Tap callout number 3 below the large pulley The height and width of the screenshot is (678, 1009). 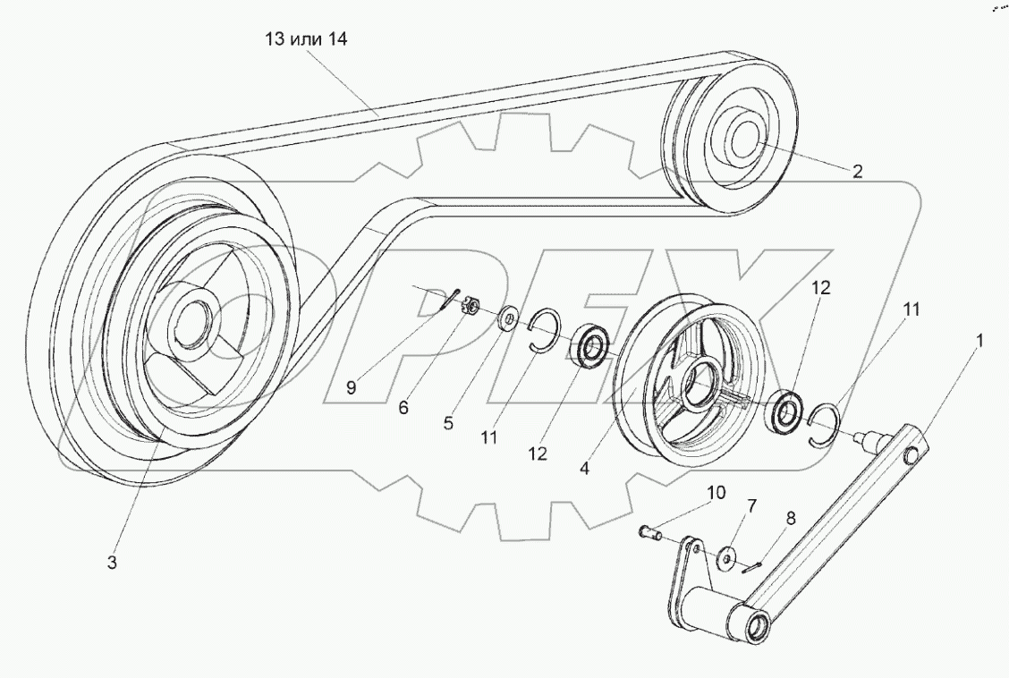[x=113, y=563]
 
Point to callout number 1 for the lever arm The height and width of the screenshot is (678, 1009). [x=980, y=340]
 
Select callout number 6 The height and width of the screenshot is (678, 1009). [x=403, y=406]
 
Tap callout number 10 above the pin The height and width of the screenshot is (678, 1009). [x=717, y=493]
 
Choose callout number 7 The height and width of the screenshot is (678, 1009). [x=751, y=505]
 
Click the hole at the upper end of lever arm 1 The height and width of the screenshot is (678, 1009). [x=912, y=456]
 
